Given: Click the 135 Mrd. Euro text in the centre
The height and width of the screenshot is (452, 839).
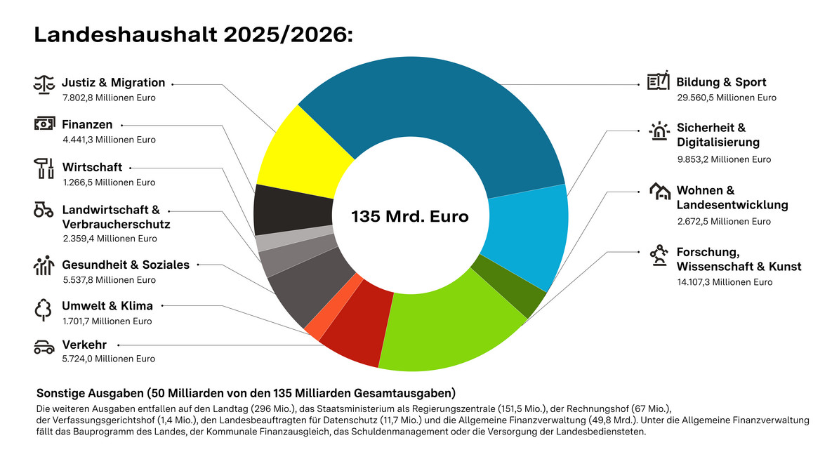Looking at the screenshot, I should [410, 216].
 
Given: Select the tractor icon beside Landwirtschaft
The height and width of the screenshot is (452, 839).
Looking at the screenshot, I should [44, 210].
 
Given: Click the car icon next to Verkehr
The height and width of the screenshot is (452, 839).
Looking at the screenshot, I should [44, 347].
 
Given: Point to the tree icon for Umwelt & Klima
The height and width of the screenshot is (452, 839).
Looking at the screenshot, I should [44, 309].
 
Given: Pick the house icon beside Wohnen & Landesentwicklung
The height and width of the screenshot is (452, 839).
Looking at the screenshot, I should [659, 191].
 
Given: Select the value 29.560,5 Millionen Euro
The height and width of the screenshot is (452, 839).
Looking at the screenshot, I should [727, 98].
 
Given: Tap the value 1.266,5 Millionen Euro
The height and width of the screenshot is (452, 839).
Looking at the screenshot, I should [109, 182].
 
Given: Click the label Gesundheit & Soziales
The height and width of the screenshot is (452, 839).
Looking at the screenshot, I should [126, 265].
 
